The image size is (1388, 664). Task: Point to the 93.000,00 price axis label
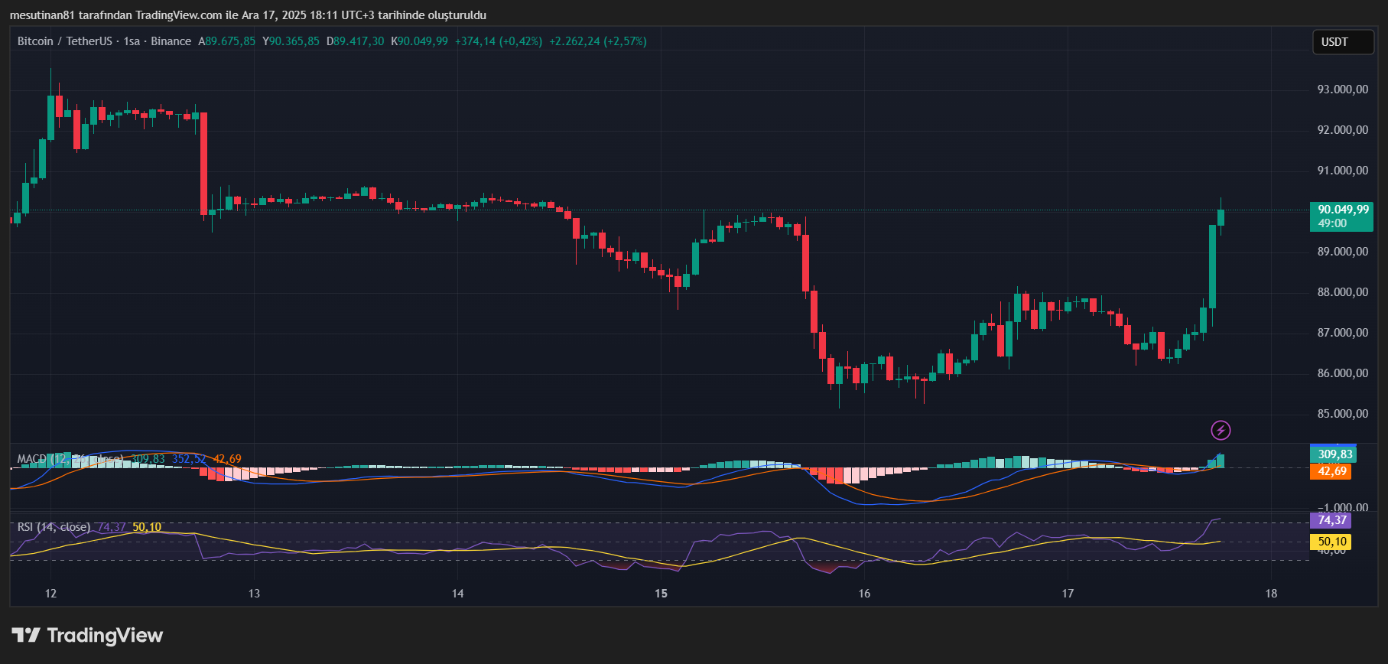[1342, 90]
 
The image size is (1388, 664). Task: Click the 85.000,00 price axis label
[1342, 414]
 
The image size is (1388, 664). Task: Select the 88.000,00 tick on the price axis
[1342, 292]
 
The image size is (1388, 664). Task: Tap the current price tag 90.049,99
[1343, 210]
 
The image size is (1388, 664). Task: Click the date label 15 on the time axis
[661, 594]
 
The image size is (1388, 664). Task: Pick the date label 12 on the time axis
[50, 594]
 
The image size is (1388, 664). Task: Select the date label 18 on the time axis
[1271, 594]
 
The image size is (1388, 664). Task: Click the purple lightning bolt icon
[1221, 431]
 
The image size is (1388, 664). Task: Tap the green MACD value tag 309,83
[1334, 454]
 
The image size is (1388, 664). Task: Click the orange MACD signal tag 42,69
[1331, 471]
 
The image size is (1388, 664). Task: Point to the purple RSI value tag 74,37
[1331, 520]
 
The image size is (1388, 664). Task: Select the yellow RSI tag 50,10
[1331, 542]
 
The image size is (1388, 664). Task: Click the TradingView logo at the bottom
[88, 636]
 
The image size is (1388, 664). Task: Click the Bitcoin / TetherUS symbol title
[65, 41]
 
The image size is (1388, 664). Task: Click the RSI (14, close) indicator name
[54, 527]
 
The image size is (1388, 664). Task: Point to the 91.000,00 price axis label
[1342, 171]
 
